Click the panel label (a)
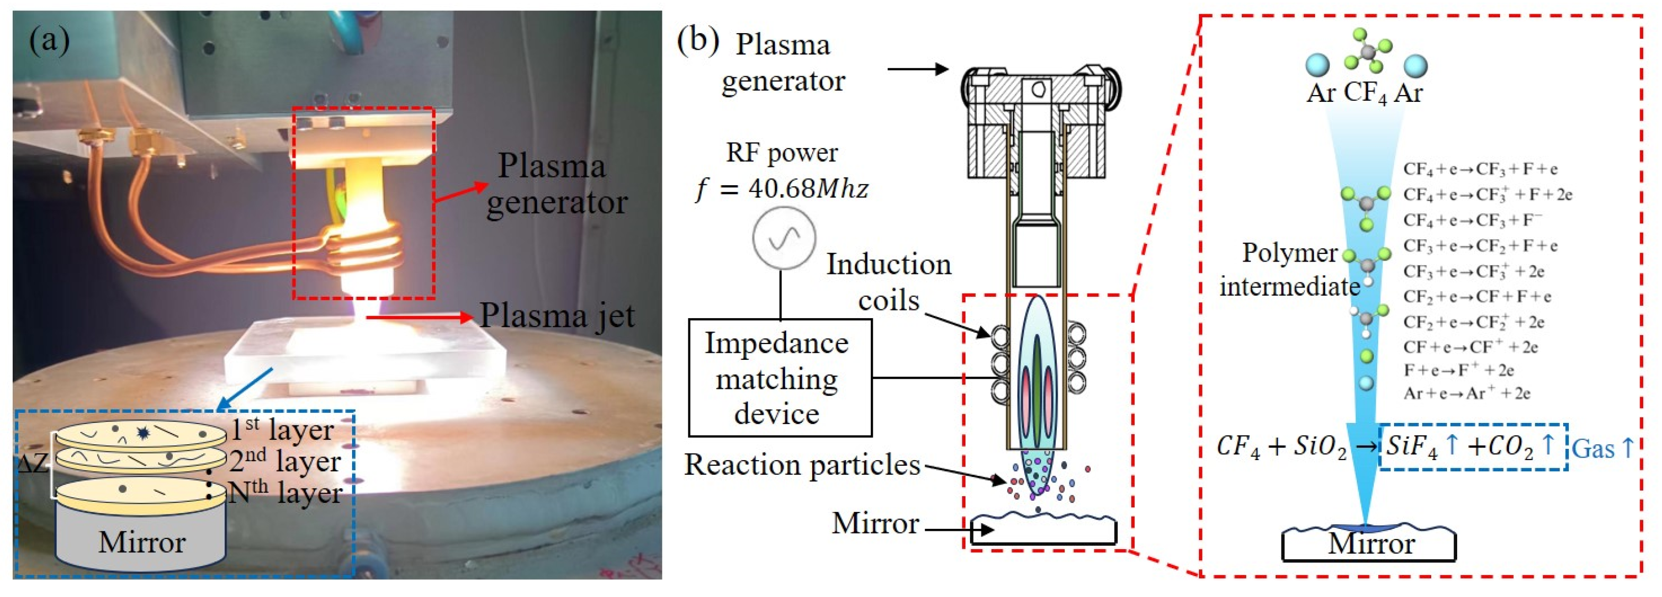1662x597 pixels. point(49,41)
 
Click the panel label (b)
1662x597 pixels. point(698,41)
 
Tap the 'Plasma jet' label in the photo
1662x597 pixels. point(557,317)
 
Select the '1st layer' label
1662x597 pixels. point(282,430)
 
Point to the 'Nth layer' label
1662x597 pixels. point(284,493)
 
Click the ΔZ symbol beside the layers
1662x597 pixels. point(32,463)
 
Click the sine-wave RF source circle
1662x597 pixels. point(784,238)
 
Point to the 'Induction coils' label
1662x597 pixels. point(889,282)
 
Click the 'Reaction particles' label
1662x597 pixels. point(802,465)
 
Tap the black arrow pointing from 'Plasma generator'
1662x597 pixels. point(918,68)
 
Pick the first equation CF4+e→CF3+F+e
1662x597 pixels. point(1480,169)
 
